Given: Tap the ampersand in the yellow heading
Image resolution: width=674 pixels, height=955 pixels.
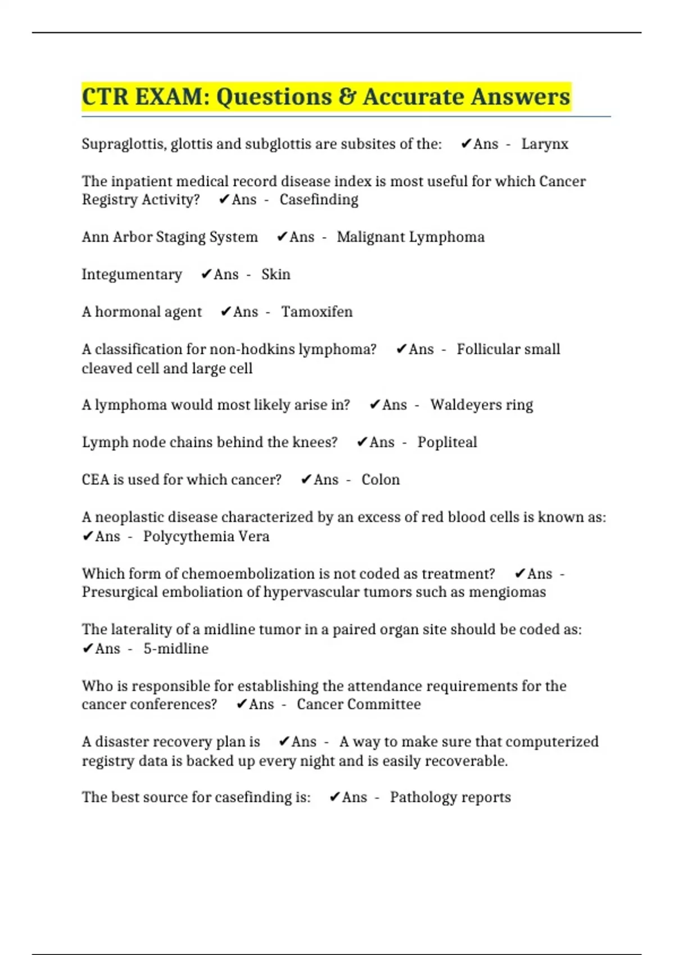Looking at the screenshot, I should tap(347, 97).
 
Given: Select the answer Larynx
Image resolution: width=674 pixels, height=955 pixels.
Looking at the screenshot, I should tap(544, 144).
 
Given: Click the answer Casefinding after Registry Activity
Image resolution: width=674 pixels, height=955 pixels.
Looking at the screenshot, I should tap(318, 200).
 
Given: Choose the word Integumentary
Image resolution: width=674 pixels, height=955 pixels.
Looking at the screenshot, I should tap(131, 275).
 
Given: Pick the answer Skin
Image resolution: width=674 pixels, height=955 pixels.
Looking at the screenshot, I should tap(276, 275).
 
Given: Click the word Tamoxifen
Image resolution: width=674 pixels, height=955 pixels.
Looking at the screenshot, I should tap(317, 312).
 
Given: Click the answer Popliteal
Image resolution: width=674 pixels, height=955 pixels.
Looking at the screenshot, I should tap(447, 443).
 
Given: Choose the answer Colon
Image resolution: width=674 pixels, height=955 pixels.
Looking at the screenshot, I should tap(380, 480).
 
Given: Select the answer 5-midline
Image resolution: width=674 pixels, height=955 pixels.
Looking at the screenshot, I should tap(176, 649).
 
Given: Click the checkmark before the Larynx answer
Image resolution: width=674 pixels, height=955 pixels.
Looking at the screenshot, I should tap(466, 144).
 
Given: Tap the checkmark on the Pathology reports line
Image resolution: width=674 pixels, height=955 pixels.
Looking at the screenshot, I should tap(334, 798).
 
